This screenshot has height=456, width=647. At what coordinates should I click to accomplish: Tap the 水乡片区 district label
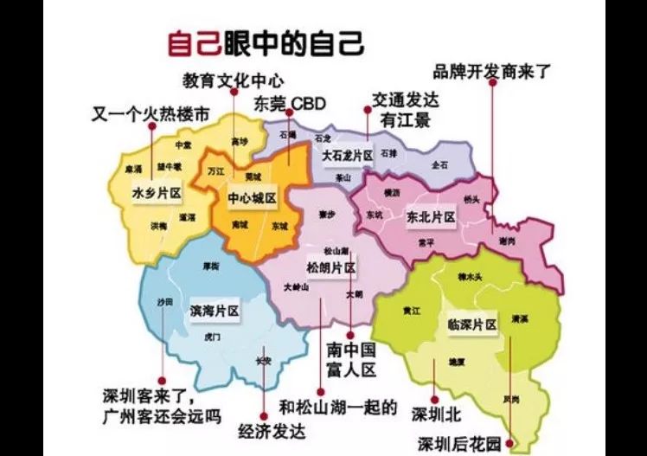(157, 190)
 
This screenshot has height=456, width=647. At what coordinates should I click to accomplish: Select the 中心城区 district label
(252, 198)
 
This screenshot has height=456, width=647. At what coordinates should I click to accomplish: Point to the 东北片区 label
(431, 217)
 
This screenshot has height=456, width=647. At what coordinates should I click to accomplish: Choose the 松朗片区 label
(331, 267)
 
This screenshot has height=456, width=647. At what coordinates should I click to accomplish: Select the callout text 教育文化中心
(233, 80)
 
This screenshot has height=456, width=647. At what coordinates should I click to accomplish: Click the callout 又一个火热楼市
(151, 112)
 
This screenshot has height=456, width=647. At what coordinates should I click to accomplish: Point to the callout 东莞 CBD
(289, 105)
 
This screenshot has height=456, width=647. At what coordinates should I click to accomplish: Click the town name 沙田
(164, 301)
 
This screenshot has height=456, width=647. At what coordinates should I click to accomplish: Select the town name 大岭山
(295, 286)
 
